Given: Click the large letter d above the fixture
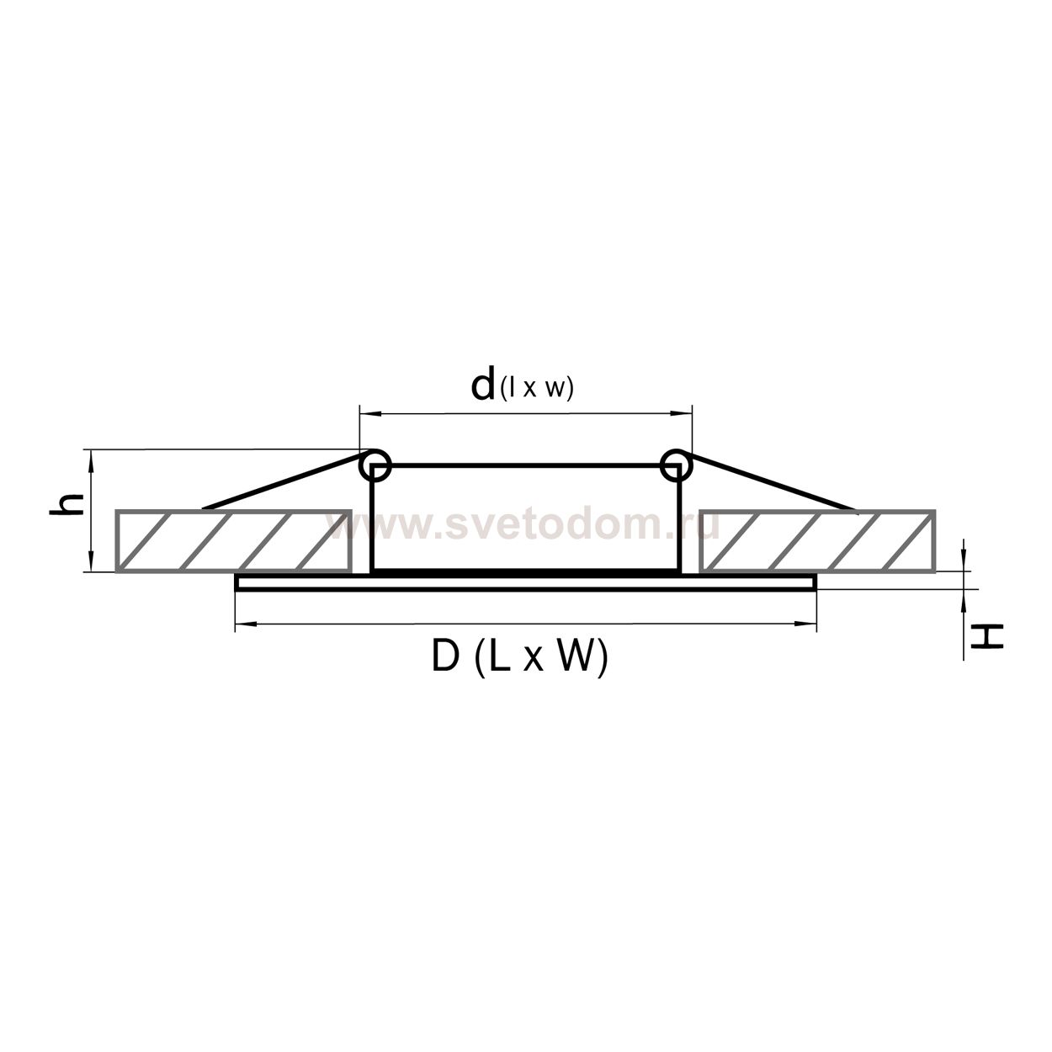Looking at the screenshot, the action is tap(483, 383).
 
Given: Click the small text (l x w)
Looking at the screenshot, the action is tap(537, 389).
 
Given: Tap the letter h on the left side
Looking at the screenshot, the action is tap(66, 504).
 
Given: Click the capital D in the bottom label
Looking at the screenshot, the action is tap(446, 656).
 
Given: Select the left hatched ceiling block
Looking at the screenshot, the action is tap(234, 541).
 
